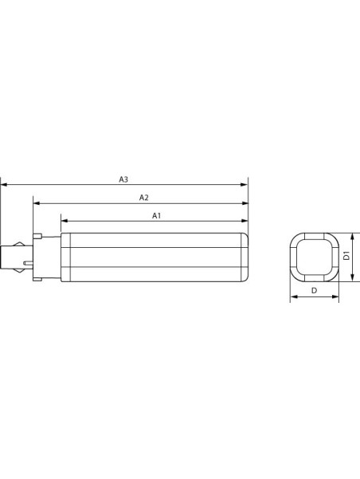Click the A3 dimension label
point(123,179)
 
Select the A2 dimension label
point(144,198)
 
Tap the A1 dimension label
point(156,216)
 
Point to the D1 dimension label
point(346,255)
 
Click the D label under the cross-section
point(314,291)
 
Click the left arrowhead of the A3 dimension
point(4,185)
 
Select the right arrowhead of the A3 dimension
point(245,185)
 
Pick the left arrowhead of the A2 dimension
point(37,203)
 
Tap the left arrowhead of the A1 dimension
point(65,221)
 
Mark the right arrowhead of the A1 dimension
point(245,221)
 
